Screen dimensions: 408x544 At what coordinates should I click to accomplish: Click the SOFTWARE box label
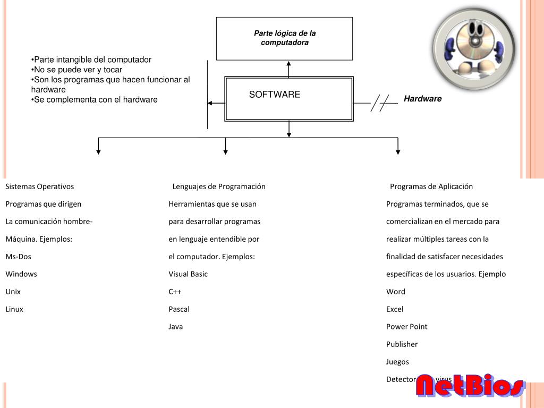point(275,95)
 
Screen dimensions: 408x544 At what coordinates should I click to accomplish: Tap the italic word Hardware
point(422,99)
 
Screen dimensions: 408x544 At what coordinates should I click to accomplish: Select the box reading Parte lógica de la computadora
point(284,38)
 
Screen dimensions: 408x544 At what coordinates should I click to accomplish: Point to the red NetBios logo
point(470,386)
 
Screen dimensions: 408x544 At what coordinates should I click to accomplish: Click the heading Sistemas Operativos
point(40,186)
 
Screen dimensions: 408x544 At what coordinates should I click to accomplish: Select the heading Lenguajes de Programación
point(219,186)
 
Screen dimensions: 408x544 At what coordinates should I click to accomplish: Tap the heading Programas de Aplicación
point(431,186)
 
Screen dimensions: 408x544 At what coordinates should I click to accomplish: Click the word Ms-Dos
point(19,257)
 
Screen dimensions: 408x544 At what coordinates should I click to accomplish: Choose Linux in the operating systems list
point(14,309)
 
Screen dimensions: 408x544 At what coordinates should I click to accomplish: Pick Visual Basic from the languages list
point(188,274)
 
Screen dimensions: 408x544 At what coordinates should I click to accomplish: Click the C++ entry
point(175,292)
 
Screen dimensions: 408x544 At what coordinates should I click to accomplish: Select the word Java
point(175,327)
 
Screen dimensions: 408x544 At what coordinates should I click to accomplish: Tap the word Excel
point(395,309)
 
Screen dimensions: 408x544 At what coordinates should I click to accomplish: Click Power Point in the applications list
point(406,327)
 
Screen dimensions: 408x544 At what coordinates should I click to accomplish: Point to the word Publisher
point(402,344)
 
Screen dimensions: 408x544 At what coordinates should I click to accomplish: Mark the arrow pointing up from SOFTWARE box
point(289,69)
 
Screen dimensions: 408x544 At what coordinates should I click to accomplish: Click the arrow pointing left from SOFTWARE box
point(215,103)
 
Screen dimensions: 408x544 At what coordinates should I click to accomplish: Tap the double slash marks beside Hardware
point(380,103)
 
